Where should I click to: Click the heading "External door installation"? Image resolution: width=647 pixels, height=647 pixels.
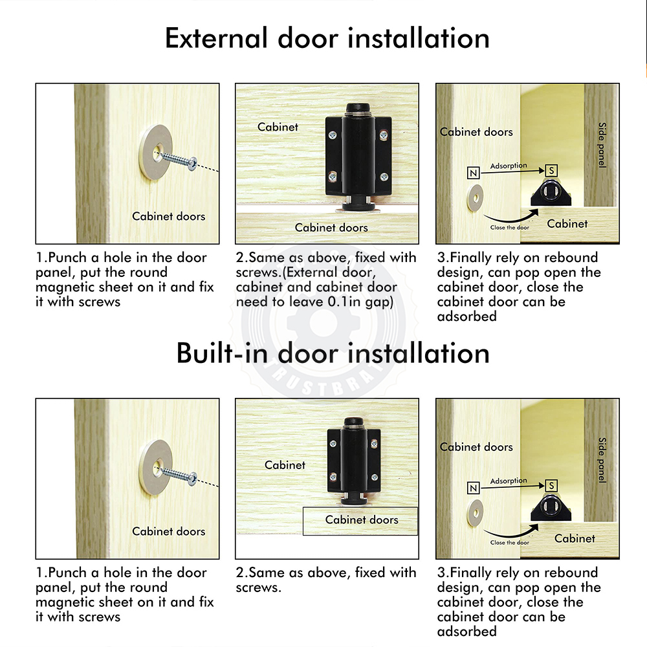327,38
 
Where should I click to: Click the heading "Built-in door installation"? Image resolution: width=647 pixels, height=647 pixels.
333,353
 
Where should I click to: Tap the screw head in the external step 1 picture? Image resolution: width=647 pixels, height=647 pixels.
192,164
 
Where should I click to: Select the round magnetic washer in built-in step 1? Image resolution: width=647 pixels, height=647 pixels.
155,466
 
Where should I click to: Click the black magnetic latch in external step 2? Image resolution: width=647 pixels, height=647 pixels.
358,157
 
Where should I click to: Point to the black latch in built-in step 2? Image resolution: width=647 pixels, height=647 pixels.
354,461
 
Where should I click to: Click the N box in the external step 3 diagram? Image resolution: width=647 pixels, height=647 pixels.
474,173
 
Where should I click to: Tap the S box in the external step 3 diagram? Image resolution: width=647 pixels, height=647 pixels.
551,170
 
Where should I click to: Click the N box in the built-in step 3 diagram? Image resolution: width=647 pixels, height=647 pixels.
474,488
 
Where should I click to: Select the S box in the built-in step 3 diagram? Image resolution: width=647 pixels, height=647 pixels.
551,486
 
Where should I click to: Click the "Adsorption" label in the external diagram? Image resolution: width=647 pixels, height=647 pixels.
509,166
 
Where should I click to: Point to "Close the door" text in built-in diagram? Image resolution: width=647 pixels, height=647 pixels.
510,543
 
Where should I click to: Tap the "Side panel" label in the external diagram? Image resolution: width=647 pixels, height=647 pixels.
602,145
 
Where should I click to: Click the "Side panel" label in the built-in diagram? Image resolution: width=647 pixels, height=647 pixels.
602,460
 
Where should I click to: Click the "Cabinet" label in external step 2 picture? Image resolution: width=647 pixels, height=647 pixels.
278,127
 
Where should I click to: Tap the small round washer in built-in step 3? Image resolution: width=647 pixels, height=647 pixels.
476,513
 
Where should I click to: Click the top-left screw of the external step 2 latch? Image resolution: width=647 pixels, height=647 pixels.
333,135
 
